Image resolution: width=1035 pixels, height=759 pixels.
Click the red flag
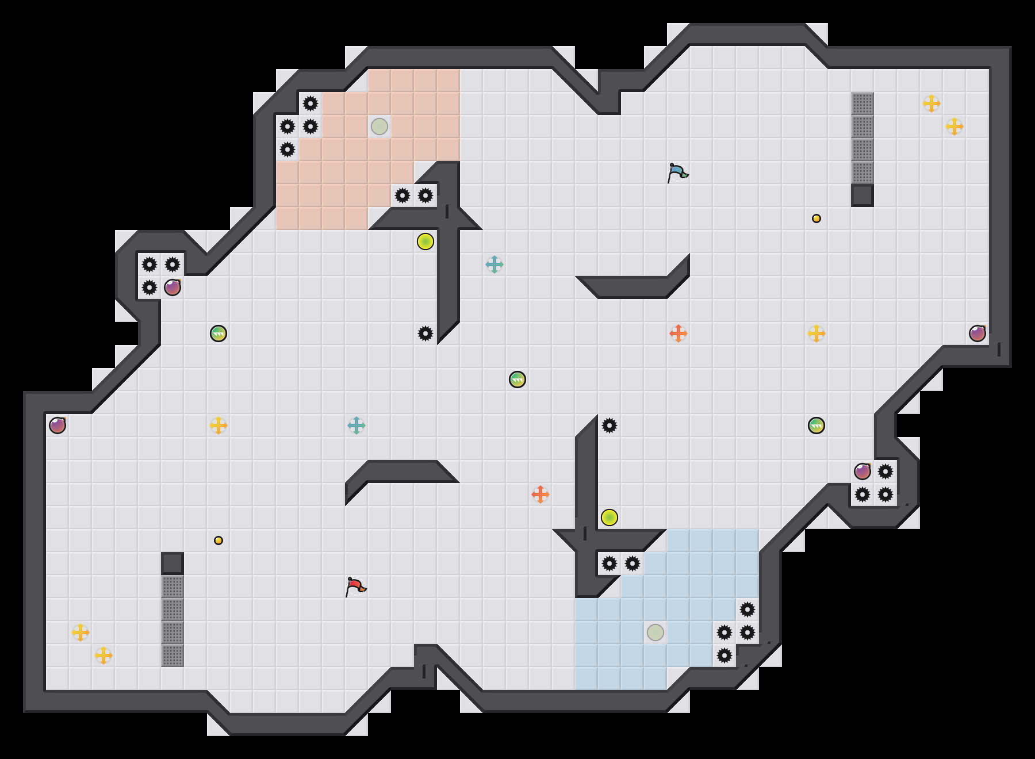[x=355, y=586]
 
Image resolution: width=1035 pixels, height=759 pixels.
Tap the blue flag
[x=677, y=172]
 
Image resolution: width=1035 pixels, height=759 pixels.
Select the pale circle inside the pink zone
[x=379, y=126]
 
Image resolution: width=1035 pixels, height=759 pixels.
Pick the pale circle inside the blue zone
[x=655, y=632]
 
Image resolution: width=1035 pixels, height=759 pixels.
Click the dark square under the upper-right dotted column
[x=862, y=195]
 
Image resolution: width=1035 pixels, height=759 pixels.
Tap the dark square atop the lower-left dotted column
[x=172, y=563]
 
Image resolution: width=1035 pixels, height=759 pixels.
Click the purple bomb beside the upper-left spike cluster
[x=172, y=287]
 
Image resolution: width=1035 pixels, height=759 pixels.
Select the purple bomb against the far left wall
[x=57, y=425]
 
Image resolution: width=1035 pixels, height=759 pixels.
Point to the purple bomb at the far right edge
[x=977, y=333]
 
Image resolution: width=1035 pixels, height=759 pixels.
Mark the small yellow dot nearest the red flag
[x=218, y=540]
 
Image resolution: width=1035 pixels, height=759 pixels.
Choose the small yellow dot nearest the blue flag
[x=816, y=218]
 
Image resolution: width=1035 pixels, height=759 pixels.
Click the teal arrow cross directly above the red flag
[x=356, y=425]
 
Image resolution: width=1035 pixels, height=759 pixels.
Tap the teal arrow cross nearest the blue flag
[x=494, y=264]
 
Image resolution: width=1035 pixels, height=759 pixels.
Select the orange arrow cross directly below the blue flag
[x=678, y=333]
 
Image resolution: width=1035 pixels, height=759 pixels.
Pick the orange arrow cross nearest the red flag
[x=540, y=494]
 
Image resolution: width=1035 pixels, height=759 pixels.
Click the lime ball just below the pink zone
[x=425, y=241]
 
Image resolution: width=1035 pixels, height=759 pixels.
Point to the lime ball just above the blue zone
[x=609, y=517]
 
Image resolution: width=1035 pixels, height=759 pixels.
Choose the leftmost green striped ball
[x=218, y=333]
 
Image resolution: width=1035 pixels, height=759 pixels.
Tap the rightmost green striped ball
[x=816, y=425]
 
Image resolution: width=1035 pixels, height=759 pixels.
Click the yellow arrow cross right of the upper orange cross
[x=816, y=333]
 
